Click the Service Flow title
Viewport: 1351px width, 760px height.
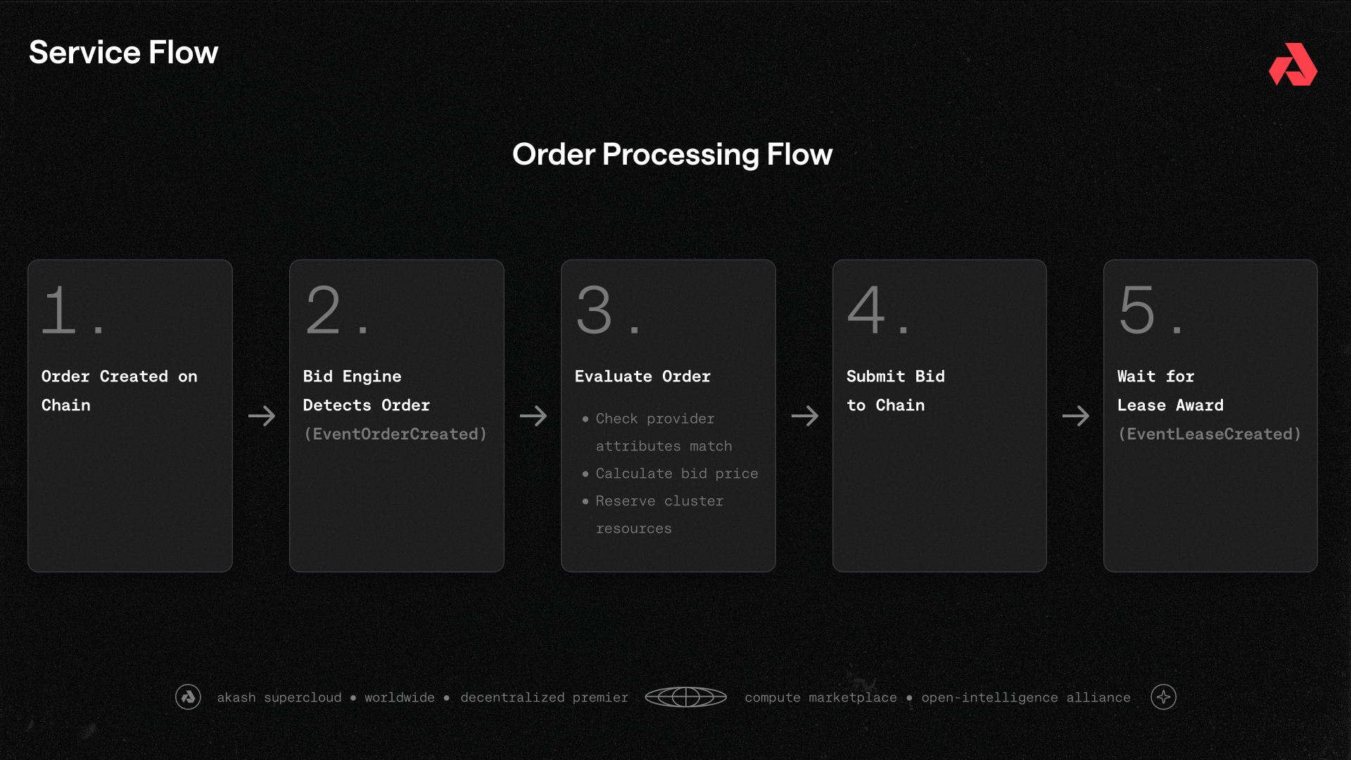pyautogui.click(x=124, y=53)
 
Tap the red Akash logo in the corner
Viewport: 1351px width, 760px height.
pyautogui.click(x=1293, y=65)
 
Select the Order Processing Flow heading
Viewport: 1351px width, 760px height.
pyautogui.click(x=672, y=154)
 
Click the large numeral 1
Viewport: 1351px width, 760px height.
pyautogui.click(x=59, y=310)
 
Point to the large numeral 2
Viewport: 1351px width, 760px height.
pyautogui.click(x=323, y=310)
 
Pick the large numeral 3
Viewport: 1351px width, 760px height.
pyautogui.click(x=595, y=310)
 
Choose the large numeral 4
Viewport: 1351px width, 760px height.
pyautogui.click(x=865, y=310)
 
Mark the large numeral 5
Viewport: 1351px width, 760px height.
pyautogui.click(x=1137, y=310)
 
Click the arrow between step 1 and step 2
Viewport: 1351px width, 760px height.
pyautogui.click(x=262, y=416)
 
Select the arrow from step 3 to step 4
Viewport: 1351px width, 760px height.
pyautogui.click(x=805, y=416)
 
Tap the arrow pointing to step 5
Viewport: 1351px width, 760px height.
pyautogui.click(x=1076, y=416)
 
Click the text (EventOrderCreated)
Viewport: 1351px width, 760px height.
pyautogui.click(x=395, y=434)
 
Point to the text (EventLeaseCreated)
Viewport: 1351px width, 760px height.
pyautogui.click(x=1210, y=434)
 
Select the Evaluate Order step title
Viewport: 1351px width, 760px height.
pyautogui.click(x=642, y=376)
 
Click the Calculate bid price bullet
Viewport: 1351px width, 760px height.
pyautogui.click(x=676, y=474)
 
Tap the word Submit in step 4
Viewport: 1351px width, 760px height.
pyautogui.click(x=875, y=376)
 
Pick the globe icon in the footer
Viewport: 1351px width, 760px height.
pyautogui.click(x=685, y=697)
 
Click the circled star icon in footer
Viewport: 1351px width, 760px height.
pyautogui.click(x=1163, y=697)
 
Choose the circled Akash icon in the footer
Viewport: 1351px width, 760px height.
pyautogui.click(x=188, y=697)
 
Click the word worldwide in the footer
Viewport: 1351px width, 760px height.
pyautogui.click(x=399, y=697)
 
